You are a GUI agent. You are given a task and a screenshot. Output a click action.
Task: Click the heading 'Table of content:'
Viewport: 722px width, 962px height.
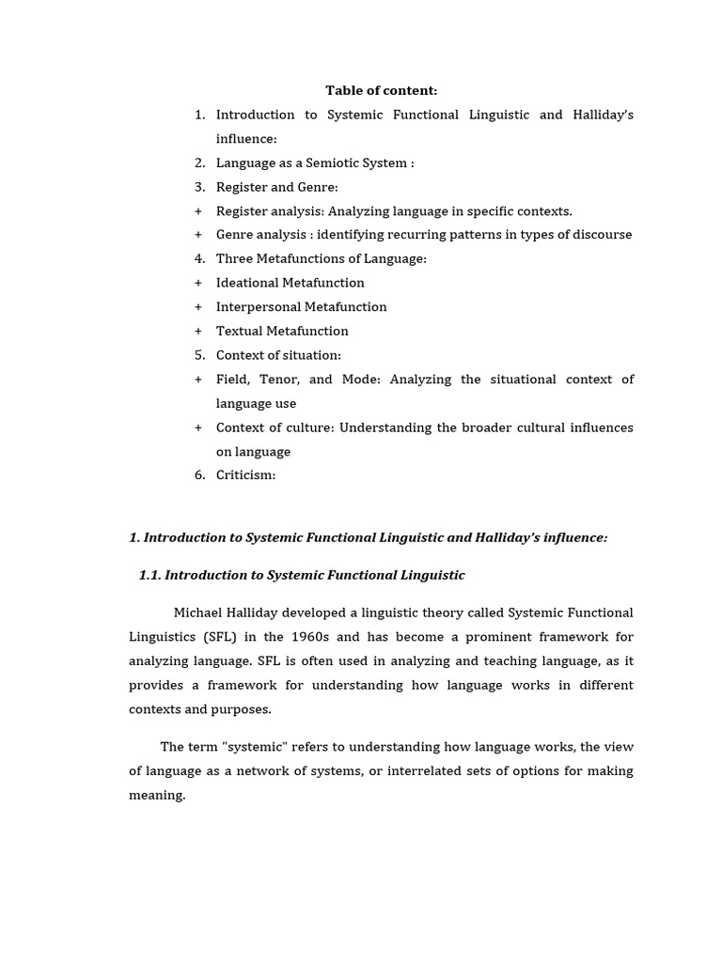[x=381, y=91]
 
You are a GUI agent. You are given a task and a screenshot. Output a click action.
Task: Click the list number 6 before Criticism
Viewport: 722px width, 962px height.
[x=199, y=475]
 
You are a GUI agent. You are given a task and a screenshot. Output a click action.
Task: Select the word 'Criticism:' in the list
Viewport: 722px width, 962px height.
[x=245, y=475]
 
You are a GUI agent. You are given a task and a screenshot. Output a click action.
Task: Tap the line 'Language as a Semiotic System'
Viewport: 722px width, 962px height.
[x=314, y=163]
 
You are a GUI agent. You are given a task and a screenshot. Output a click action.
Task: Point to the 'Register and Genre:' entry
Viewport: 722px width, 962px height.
[x=276, y=187]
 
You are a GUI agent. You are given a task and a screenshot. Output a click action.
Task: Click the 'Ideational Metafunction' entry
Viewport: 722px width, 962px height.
[x=290, y=283]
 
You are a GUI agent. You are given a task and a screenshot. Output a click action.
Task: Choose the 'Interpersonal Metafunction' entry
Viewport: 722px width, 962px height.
[x=301, y=307]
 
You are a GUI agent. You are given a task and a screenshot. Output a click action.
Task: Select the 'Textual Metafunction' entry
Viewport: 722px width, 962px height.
[x=282, y=331]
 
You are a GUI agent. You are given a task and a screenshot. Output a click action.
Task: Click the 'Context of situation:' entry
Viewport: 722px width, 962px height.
[x=278, y=355]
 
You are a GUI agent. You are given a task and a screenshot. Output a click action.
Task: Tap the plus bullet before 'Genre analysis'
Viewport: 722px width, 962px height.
[x=198, y=235]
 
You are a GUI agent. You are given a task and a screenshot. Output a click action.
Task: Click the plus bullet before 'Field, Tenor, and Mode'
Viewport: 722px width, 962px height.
[x=198, y=380]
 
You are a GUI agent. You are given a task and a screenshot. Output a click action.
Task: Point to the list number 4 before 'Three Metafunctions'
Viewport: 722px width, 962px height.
[x=199, y=259]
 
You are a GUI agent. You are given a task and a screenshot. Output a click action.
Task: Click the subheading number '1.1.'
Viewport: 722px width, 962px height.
[x=149, y=575]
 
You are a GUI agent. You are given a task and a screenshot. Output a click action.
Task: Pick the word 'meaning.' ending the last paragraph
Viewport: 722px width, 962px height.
[x=157, y=796]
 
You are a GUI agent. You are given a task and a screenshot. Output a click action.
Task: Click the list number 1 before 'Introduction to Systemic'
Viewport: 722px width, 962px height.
[x=199, y=115]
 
